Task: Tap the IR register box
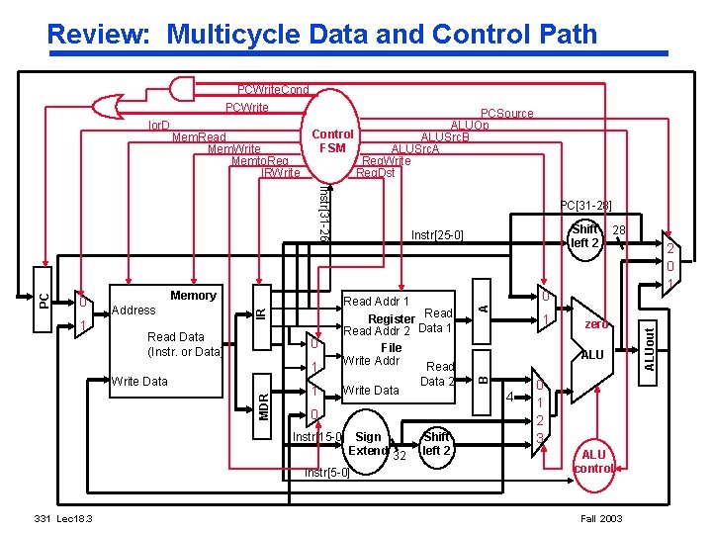260,312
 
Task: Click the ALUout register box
650,350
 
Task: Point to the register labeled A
483,308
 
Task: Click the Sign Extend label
368,443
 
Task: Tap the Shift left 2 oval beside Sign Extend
436,443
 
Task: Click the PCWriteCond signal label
273,90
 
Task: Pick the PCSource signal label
506,115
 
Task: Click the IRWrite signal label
280,173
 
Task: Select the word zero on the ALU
595,323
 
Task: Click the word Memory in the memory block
193,295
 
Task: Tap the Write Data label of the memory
139,381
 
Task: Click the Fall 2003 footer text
600,519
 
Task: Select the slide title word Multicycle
240,35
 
